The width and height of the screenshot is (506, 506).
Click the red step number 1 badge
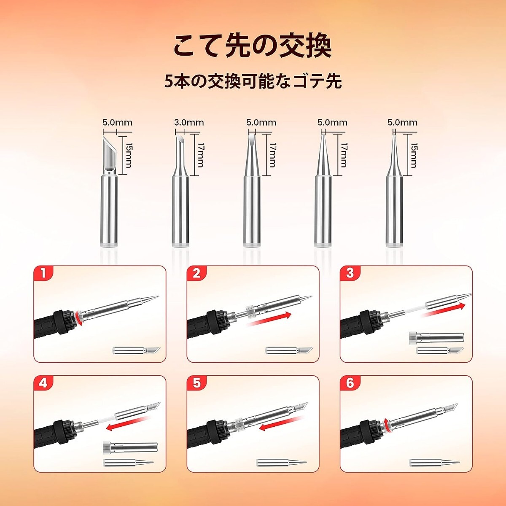point(43,275)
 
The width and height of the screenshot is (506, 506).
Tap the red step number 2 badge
point(196,275)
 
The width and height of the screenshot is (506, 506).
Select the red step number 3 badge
point(350,275)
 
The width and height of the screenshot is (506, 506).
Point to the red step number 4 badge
point(43,384)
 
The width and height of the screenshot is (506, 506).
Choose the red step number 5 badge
point(196,384)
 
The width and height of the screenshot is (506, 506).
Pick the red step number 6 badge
point(350,384)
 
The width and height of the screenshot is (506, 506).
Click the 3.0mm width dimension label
point(189,123)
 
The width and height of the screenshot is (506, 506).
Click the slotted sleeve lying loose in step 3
point(436,337)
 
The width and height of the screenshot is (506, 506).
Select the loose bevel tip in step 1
point(137,350)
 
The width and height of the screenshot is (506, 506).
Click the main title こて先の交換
point(253,48)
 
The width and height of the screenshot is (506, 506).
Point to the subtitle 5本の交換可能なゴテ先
point(253,82)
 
